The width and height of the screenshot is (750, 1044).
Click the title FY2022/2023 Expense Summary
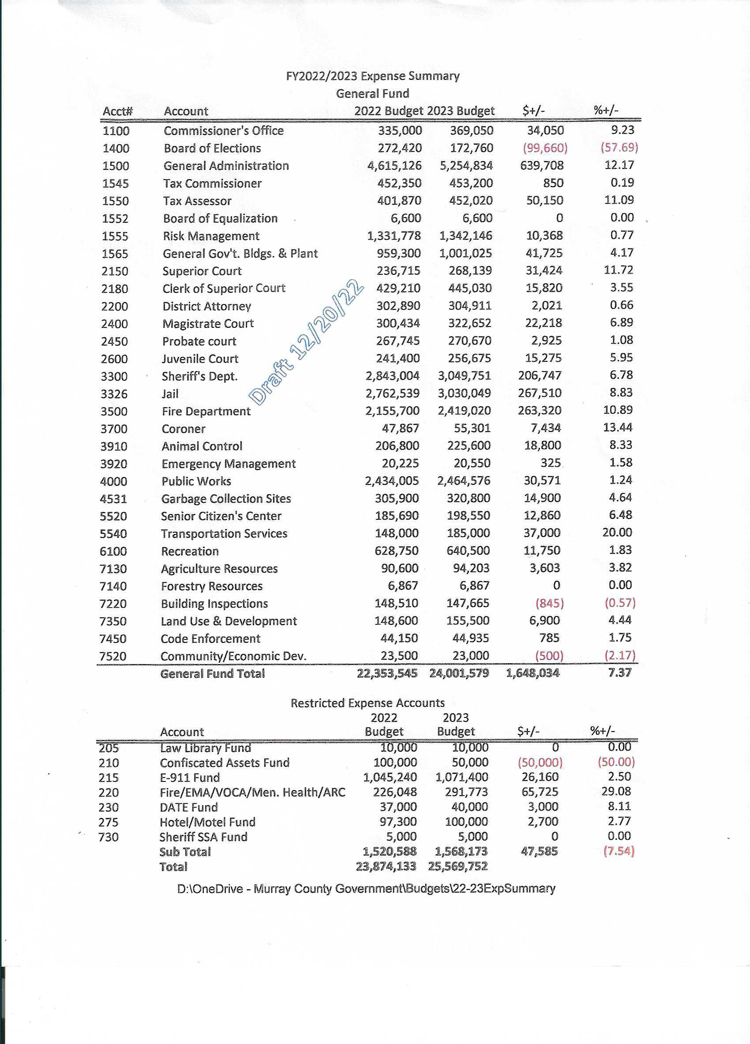pyautogui.click(x=372, y=76)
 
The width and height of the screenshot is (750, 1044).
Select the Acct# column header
pyautogui.click(x=118, y=111)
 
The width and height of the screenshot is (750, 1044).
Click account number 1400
pyautogui.click(x=116, y=148)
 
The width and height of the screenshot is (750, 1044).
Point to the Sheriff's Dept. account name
pyautogui.click(x=199, y=376)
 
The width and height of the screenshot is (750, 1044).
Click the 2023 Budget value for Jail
pyautogui.click(x=464, y=394)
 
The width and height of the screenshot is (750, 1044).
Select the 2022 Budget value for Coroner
pyautogui.click(x=400, y=428)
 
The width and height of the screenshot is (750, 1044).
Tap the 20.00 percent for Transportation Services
pyautogui.click(x=617, y=533)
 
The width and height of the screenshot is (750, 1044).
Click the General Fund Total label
pyautogui.click(x=213, y=674)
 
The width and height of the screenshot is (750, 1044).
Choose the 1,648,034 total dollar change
pyautogui.click(x=532, y=673)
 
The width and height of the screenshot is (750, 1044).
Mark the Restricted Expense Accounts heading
pyautogui.click(x=367, y=703)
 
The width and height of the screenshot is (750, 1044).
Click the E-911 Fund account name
pyautogui.click(x=190, y=778)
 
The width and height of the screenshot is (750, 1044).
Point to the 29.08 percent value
pyautogui.click(x=616, y=791)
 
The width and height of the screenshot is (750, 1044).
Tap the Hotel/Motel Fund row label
pyautogui.click(x=207, y=822)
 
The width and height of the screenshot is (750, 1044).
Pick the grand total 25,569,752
pyautogui.click(x=457, y=866)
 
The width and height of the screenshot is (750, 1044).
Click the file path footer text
pyautogui.click(x=366, y=889)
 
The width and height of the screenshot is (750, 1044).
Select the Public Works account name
pyautogui.click(x=196, y=481)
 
